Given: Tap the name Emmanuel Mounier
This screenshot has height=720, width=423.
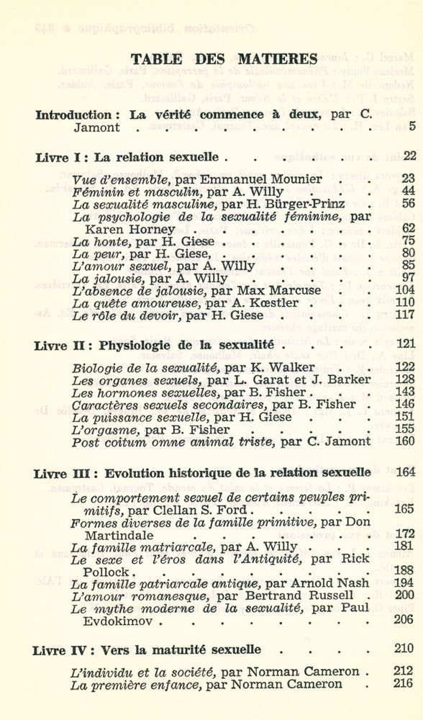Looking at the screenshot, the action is click(270, 179).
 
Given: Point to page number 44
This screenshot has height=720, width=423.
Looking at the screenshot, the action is click(408, 191).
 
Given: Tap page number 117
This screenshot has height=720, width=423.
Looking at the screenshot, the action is click(406, 315).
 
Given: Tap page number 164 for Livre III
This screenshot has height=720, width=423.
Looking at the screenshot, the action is click(406, 472).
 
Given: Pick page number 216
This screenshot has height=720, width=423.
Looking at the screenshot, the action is click(406, 684).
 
